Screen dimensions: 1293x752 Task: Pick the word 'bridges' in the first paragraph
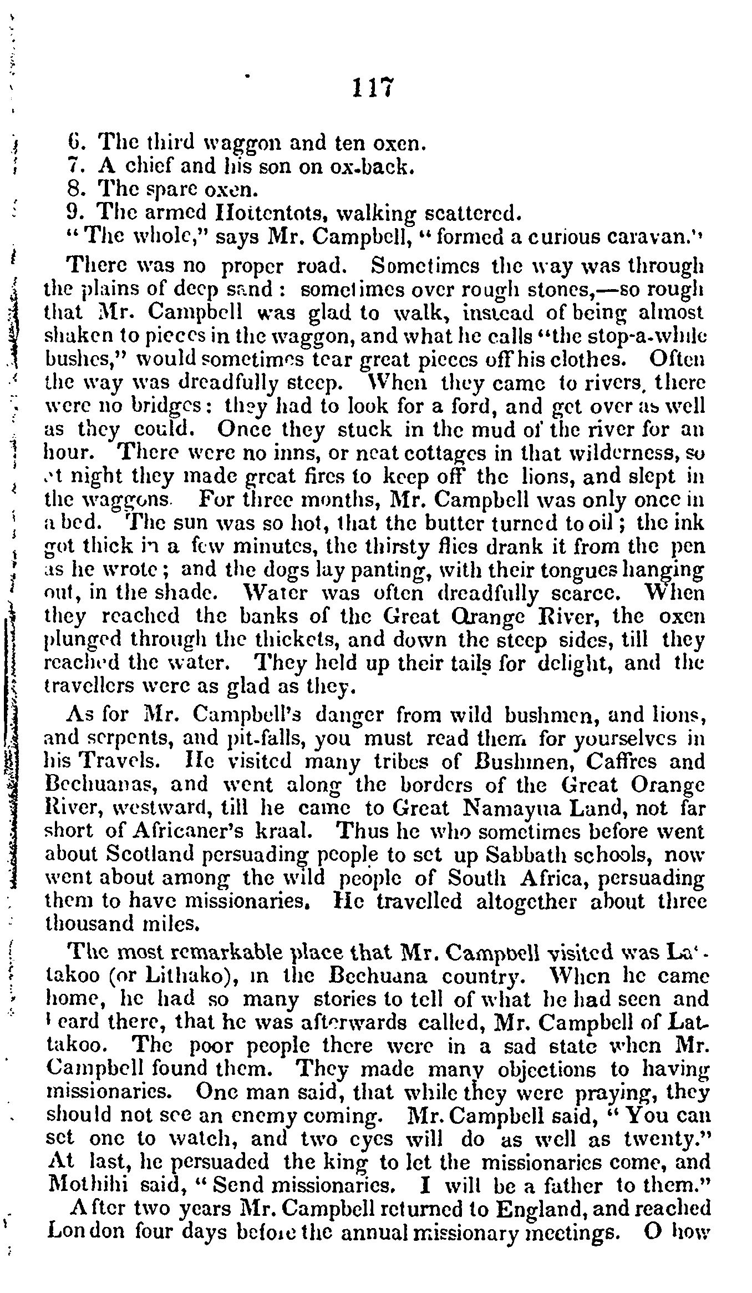(168, 406)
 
